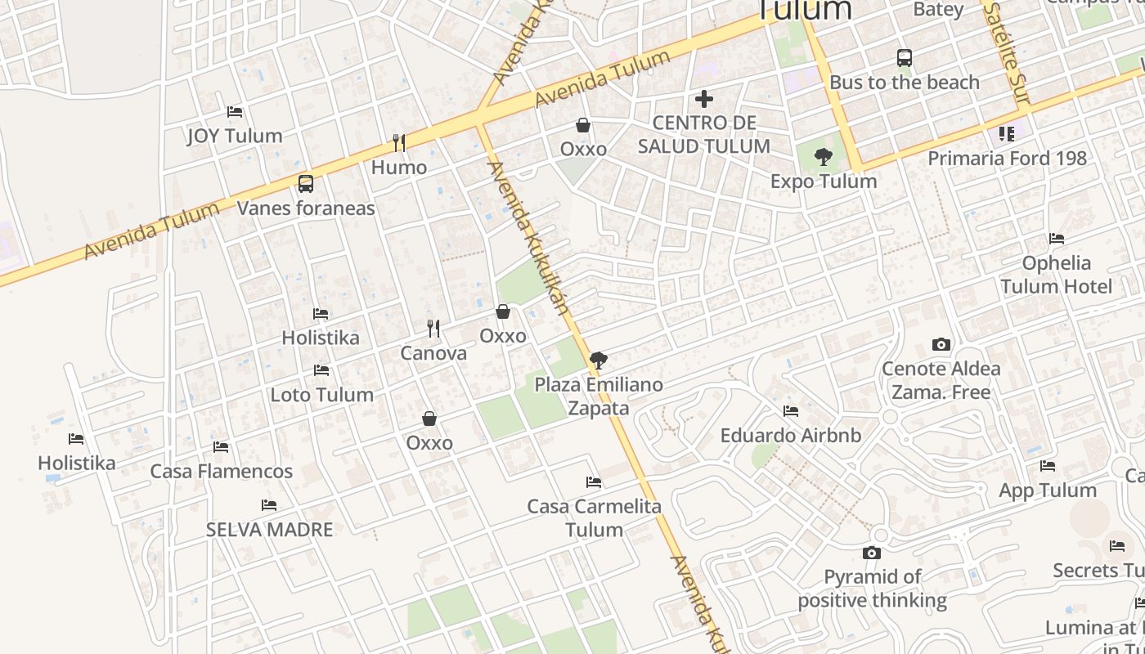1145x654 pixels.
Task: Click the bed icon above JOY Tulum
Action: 235,111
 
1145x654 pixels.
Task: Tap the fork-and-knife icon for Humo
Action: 399,143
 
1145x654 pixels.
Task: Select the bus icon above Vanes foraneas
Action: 306,184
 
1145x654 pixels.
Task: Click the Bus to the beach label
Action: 904,83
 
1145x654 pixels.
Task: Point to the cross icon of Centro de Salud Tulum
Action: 703,99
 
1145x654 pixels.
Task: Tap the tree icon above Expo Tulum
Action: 824,156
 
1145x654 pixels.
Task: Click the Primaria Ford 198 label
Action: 1007,158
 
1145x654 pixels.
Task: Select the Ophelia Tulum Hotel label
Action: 1056,275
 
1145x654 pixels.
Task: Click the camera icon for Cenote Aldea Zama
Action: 941,345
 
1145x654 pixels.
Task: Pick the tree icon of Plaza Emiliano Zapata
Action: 599,360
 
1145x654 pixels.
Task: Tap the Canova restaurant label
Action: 433,353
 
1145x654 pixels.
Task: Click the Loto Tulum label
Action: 322,395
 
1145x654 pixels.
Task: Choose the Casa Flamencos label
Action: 221,472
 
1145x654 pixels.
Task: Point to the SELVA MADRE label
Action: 269,530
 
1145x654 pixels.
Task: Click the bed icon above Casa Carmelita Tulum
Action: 594,482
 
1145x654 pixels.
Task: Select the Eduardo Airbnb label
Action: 790,436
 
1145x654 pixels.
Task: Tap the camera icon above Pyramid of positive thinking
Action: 872,553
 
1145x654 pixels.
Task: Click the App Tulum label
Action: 1048,490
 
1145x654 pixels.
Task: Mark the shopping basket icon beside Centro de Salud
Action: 583,125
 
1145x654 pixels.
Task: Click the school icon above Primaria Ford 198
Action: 1007,133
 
